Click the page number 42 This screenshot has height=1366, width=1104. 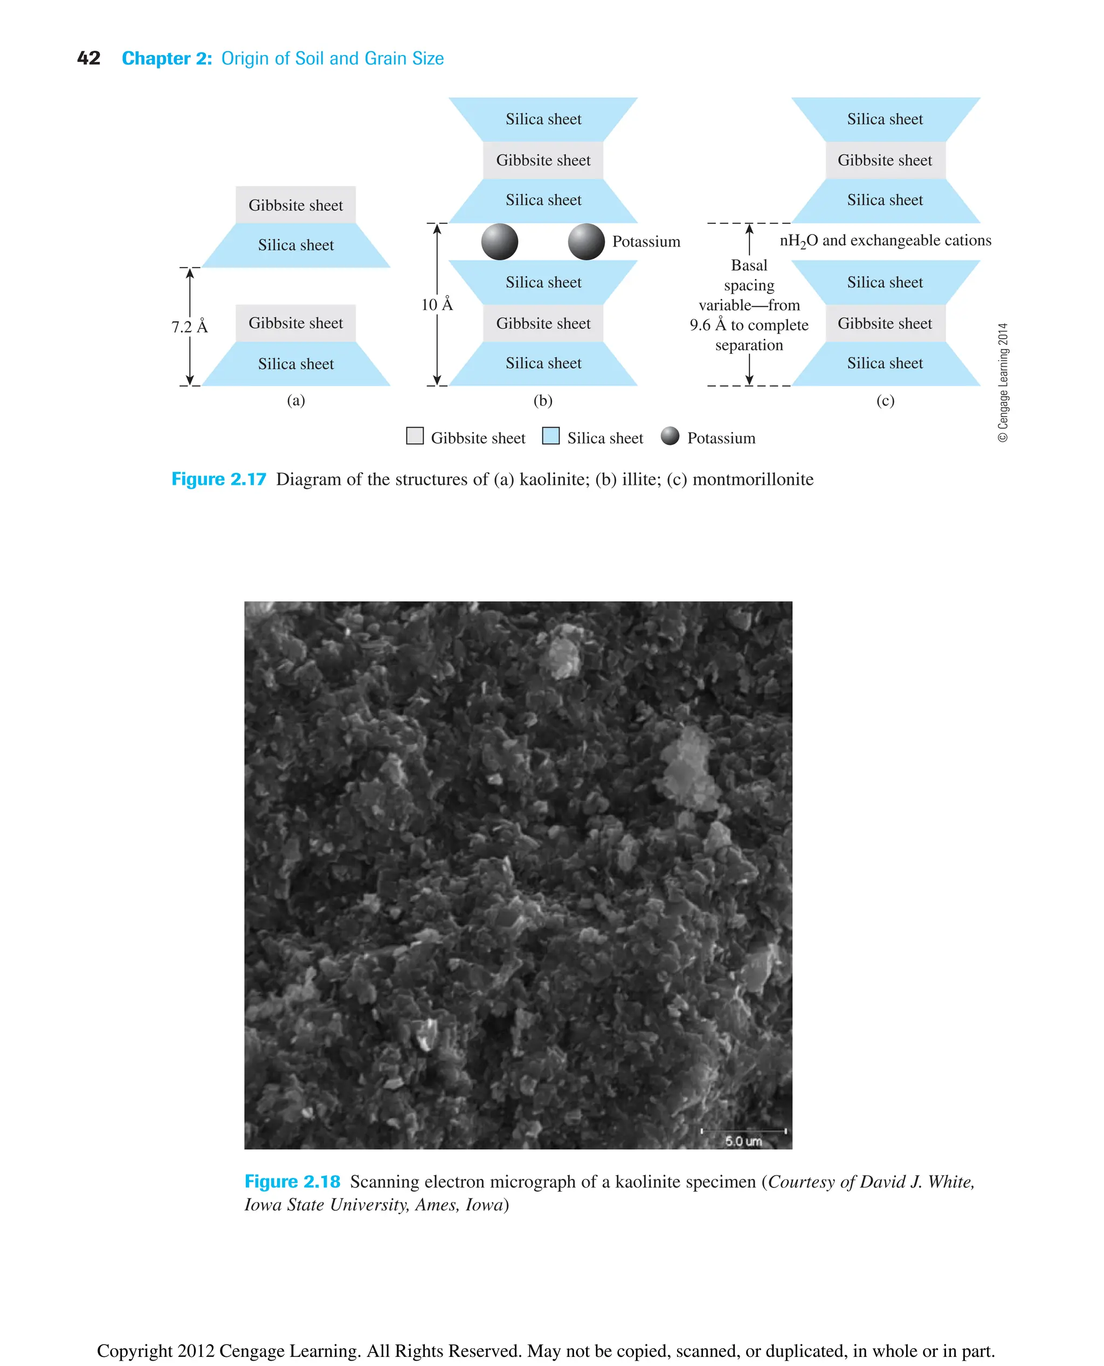pos(88,59)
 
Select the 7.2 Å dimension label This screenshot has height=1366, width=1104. pos(190,327)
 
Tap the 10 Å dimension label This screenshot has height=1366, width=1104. pos(437,305)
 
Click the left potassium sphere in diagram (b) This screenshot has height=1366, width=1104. pos(500,242)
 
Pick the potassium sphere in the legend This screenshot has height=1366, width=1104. pos(670,436)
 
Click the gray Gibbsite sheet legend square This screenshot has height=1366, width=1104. pos(415,436)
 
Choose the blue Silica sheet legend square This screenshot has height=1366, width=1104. pos(551,436)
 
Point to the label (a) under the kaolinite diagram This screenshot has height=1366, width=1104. pos(296,400)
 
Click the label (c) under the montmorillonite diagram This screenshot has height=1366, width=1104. pos(885,400)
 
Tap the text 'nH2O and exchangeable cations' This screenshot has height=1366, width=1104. pos(885,241)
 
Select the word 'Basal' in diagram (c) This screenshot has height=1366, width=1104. pos(749,265)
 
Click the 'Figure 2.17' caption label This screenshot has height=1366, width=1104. pos(219,479)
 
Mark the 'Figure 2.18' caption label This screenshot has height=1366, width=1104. pos(293,1182)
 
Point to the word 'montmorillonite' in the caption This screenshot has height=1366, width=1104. pos(753,479)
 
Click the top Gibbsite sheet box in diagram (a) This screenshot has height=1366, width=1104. pos(296,205)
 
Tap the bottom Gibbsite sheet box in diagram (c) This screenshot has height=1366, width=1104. pos(885,323)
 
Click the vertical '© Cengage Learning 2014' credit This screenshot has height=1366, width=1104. pos(1003,382)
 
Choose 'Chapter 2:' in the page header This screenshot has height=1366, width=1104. pos(167,59)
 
